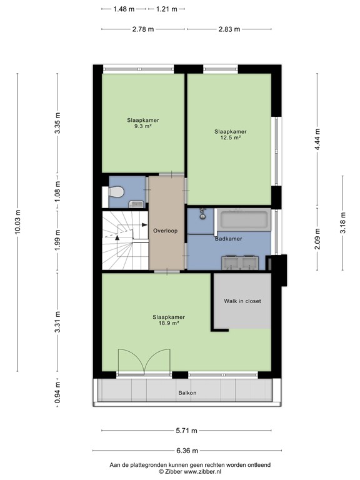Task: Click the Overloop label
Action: [x=166, y=231]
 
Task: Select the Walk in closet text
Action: [x=242, y=301]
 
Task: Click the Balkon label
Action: [x=186, y=392]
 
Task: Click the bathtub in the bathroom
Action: [x=244, y=221]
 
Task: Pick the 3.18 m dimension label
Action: [x=342, y=222]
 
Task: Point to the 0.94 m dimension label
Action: [x=57, y=392]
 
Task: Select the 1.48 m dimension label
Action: [x=124, y=9]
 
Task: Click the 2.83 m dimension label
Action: [x=230, y=29]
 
